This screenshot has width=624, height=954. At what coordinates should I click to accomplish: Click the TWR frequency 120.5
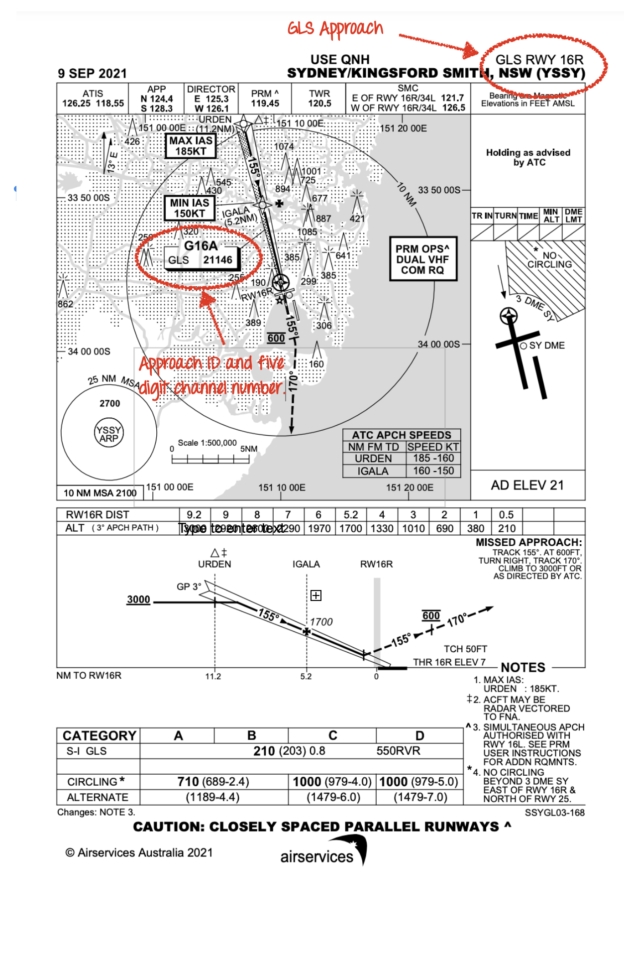(x=319, y=103)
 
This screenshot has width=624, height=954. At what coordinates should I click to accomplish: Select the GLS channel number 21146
(x=217, y=260)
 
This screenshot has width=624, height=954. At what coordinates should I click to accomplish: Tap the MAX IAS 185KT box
(x=191, y=146)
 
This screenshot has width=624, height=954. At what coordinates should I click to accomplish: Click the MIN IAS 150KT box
(x=190, y=208)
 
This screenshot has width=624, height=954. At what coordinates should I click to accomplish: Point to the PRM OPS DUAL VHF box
(x=423, y=259)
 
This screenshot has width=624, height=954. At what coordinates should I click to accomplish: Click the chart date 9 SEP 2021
(x=93, y=74)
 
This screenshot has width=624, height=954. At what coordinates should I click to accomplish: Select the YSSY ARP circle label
(x=109, y=434)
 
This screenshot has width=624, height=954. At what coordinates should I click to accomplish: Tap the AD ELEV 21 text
(x=527, y=485)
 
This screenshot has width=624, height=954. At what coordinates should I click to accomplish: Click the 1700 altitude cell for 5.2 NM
(x=351, y=528)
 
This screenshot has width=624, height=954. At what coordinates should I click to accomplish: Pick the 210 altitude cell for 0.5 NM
(x=507, y=528)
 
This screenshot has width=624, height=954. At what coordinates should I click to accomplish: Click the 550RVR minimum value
(x=398, y=751)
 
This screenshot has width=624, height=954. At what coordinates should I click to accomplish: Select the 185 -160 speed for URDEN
(x=433, y=458)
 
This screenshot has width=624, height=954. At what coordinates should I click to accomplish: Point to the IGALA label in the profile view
(x=306, y=564)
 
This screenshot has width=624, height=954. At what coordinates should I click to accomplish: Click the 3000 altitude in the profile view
(x=138, y=599)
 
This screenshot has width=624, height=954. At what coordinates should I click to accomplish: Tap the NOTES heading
(x=523, y=667)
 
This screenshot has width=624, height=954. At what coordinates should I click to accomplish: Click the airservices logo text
(x=316, y=856)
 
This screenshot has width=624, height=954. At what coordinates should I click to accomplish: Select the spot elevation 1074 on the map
(x=284, y=146)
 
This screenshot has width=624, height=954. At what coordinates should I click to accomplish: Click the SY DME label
(x=547, y=346)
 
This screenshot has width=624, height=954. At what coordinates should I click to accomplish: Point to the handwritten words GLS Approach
(x=335, y=29)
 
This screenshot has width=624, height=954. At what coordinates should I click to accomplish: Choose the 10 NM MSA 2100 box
(x=100, y=493)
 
